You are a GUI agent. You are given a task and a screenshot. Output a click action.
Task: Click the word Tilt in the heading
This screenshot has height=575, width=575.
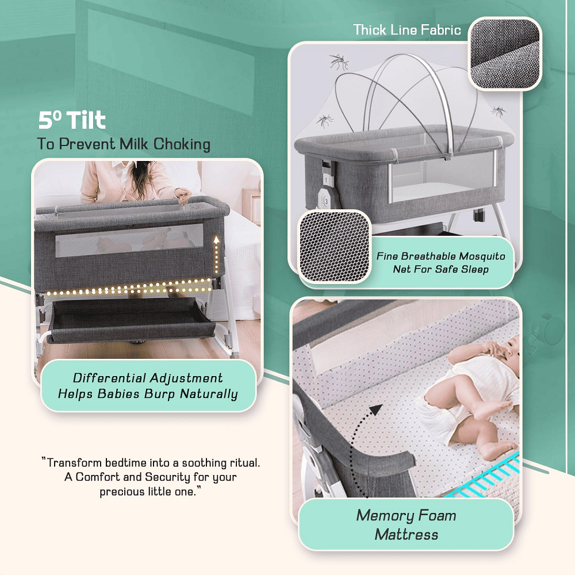click(87, 120)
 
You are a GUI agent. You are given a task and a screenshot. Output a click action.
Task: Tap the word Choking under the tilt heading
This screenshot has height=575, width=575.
click(182, 144)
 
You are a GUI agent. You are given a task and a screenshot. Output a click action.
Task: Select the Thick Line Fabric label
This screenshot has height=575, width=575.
click(407, 30)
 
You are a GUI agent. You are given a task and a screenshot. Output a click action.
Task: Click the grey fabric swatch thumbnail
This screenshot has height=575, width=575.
click(505, 53)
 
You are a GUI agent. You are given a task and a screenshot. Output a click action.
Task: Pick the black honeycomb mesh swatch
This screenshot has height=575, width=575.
click(335, 247)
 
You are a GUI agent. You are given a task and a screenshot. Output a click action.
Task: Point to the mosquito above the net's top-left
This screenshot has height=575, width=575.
click(339, 62)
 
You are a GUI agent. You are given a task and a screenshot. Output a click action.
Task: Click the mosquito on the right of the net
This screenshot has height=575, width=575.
click(499, 111)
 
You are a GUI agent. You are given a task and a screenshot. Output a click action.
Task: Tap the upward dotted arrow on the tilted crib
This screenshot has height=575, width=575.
click(217, 254)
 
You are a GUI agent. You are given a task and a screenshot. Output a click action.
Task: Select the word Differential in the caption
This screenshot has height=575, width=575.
click(109, 378)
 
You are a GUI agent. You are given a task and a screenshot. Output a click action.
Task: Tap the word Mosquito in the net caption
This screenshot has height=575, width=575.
click(482, 256)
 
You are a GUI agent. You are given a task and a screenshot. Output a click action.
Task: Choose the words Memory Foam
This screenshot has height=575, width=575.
click(407, 515)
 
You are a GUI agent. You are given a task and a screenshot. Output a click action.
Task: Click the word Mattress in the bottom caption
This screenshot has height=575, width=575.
click(407, 535)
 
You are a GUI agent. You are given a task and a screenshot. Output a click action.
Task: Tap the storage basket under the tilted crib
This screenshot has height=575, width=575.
click(132, 320)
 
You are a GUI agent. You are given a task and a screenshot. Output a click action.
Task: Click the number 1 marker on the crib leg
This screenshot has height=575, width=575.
click(326, 180)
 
